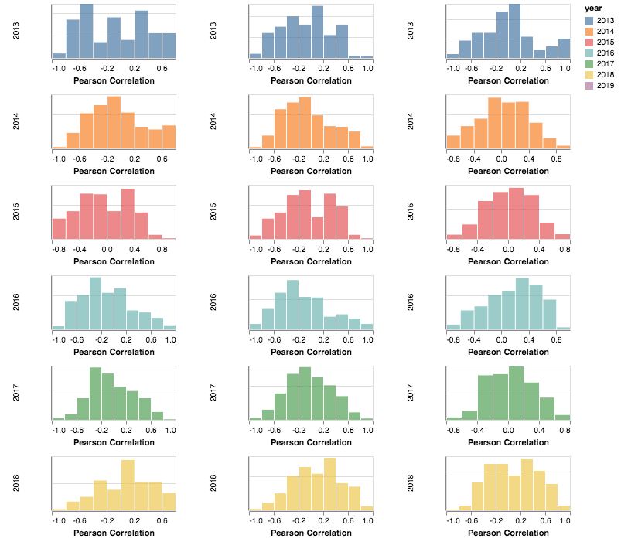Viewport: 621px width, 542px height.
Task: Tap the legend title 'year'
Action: click(x=592, y=9)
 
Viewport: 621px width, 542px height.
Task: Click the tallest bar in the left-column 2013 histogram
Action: click(x=87, y=31)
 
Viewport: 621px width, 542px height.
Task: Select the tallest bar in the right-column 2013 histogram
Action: click(x=514, y=31)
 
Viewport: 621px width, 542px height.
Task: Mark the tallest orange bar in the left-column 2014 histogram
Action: click(x=114, y=122)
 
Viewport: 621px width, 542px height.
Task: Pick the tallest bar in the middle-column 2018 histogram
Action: click(x=330, y=484)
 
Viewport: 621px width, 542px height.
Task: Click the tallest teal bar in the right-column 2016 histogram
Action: click(x=522, y=304)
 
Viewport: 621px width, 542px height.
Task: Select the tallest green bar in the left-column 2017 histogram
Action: click(x=96, y=394)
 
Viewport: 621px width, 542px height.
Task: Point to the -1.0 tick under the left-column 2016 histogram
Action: click(x=58, y=339)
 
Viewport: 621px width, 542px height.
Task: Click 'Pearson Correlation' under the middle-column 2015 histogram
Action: click(x=311, y=261)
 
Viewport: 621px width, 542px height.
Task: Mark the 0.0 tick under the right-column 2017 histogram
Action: click(x=508, y=430)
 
